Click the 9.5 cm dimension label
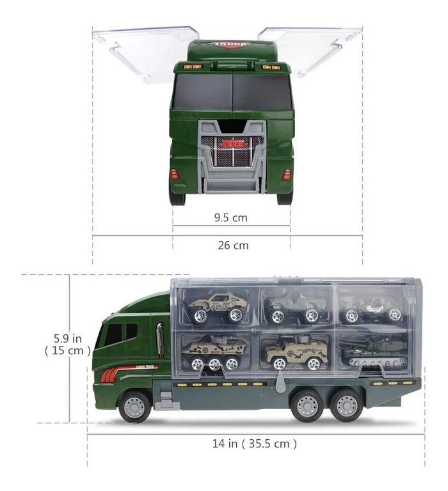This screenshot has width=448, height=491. (x=230, y=218)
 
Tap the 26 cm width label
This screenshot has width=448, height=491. (x=232, y=245)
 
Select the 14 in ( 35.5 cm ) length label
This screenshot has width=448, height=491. (x=254, y=443)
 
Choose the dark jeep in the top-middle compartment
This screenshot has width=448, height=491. (x=294, y=306)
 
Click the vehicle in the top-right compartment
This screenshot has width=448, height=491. (x=371, y=306)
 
